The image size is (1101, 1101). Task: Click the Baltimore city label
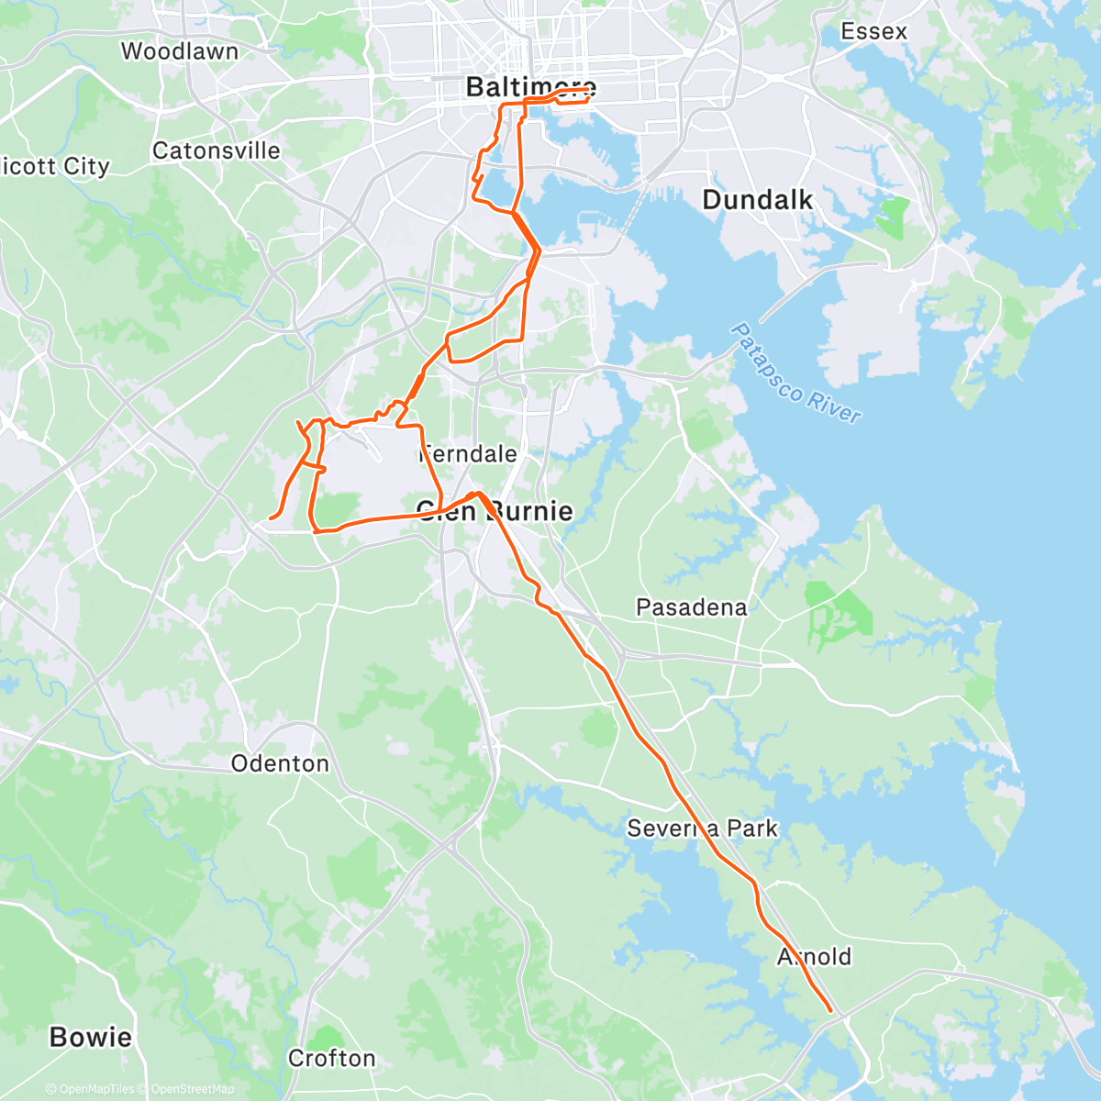[530, 87]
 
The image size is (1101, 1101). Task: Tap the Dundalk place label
[757, 200]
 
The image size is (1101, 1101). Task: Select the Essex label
[873, 31]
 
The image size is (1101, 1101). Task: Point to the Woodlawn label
[180, 51]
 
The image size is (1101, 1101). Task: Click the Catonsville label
[217, 150]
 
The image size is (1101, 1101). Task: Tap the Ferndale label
[468, 454]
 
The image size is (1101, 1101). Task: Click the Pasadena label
[691, 607]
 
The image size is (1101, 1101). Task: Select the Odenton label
[280, 763]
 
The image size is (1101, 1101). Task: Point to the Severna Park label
[702, 829]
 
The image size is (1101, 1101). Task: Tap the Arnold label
[815, 957]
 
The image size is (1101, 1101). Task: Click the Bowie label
[91, 1038]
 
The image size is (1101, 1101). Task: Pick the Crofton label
[332, 1059]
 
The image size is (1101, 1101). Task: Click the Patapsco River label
[796, 373]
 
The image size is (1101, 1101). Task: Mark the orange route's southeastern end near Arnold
[831, 1011]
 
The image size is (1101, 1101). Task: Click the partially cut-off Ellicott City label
[55, 166]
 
